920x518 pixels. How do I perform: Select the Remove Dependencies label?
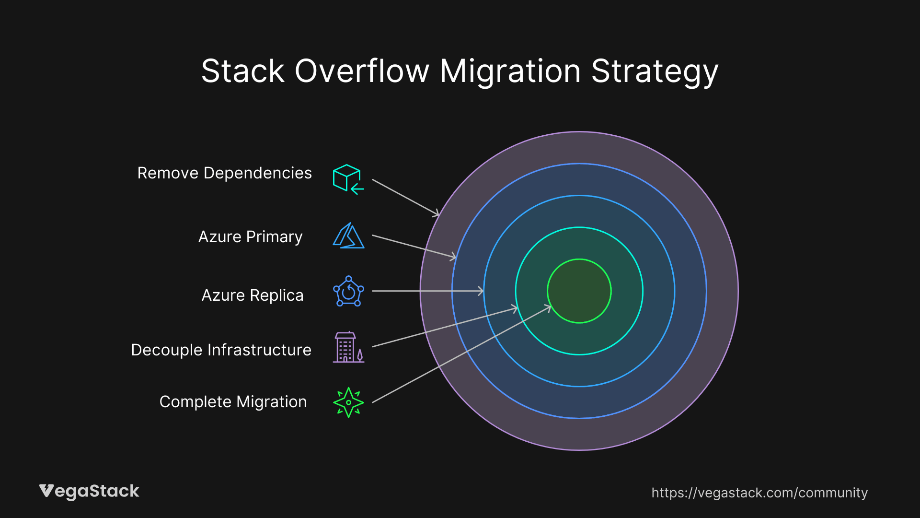point(224,173)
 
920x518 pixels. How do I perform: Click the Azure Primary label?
point(250,237)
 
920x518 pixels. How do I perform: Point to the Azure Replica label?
point(253,295)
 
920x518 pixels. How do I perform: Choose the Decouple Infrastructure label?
point(221,350)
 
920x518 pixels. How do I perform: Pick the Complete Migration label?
point(233,402)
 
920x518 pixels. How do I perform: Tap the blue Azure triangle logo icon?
point(348,235)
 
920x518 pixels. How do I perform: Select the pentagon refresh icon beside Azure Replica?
point(348,292)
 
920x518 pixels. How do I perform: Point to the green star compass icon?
point(348,402)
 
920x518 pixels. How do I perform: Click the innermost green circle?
point(579,291)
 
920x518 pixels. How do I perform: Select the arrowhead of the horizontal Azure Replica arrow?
point(481,291)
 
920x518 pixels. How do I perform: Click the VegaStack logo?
point(89,492)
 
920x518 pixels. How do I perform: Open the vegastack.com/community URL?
point(759,493)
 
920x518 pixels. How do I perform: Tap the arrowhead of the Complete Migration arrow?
point(549,308)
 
